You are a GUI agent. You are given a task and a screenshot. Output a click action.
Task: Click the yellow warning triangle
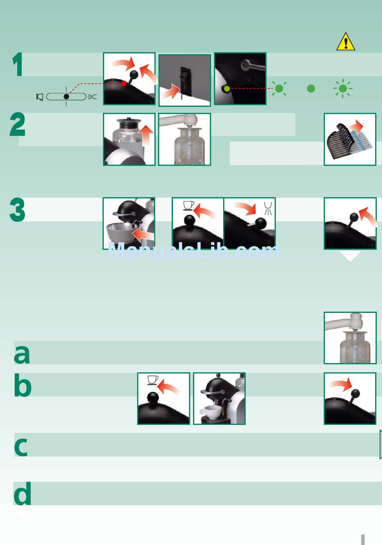(x=346, y=42)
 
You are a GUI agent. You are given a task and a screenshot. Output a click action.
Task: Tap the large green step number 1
(x=18, y=65)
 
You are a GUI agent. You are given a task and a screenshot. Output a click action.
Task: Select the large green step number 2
(x=17, y=125)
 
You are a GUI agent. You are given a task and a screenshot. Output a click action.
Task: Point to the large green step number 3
(x=17, y=210)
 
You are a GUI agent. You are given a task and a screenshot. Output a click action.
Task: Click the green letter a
(x=22, y=354)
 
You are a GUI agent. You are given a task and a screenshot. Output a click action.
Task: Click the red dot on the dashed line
(x=124, y=84)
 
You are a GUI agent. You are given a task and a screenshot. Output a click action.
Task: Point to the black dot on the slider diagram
(x=66, y=97)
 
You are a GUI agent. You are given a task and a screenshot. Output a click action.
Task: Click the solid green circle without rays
(x=311, y=89)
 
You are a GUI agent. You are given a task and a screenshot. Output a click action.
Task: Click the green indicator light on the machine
(x=227, y=89)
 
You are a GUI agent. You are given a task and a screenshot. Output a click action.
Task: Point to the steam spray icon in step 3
(x=268, y=208)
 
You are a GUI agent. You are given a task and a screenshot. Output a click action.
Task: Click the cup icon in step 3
(x=189, y=206)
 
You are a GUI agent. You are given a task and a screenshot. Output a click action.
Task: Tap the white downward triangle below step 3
(x=350, y=256)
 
